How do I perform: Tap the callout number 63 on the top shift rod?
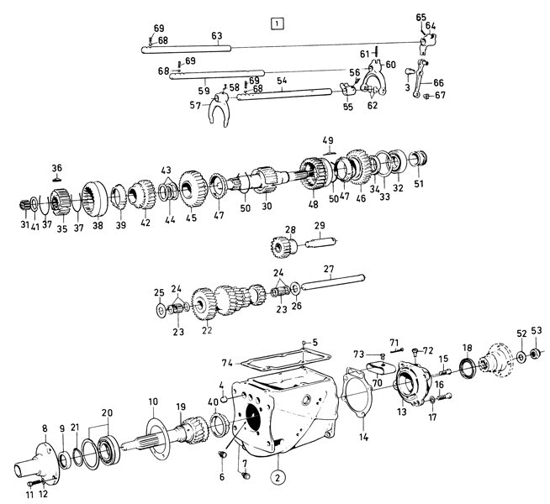[216, 36]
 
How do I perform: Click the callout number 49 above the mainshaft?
[327, 139]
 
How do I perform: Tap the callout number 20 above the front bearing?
[106, 412]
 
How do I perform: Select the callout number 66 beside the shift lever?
[438, 83]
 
